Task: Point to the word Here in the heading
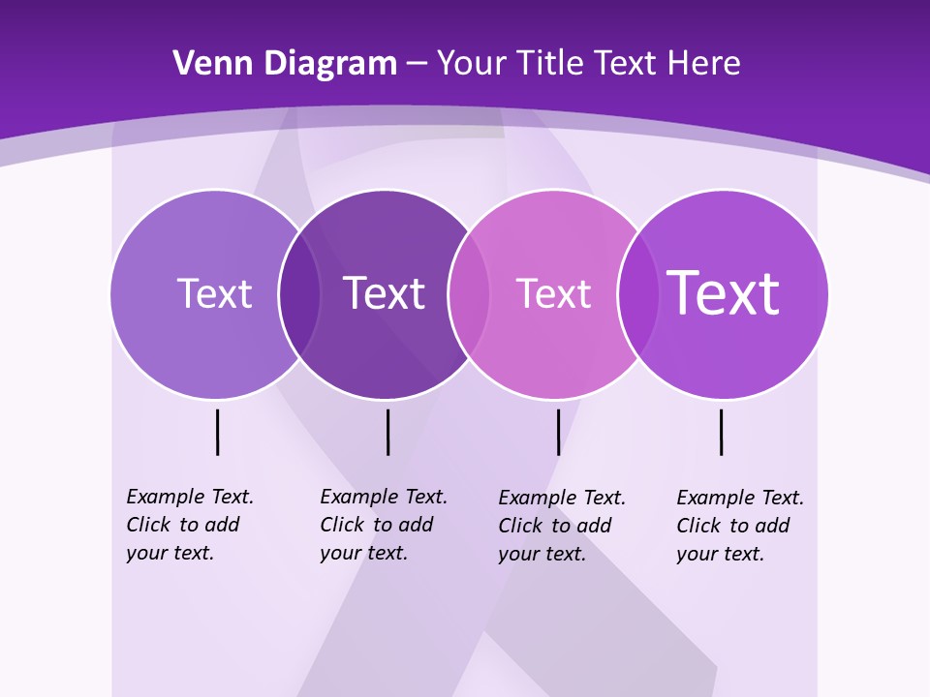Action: pos(704,64)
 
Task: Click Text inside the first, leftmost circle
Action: pos(214,293)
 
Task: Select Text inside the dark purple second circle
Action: pos(384,293)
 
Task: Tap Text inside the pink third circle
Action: pos(553,293)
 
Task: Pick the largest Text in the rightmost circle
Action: pos(723,292)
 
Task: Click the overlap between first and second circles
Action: pos(299,294)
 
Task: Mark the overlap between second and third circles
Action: pos(469,294)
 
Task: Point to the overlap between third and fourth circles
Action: pos(638,294)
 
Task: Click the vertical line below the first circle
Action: pos(218,432)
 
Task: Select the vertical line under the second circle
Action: pos(387,432)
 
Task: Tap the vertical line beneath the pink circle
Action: pos(558,432)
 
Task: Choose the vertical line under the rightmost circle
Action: pos(721,432)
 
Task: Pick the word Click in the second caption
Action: pos(342,525)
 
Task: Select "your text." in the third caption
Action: pos(542,554)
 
